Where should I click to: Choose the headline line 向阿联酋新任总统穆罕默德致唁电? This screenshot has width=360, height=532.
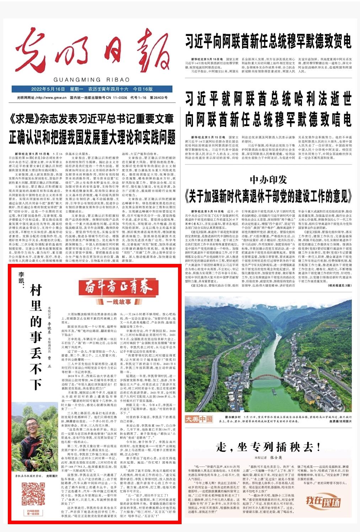pyautogui.click(x=268, y=119)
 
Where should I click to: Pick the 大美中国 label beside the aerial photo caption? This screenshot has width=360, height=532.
pyautogui.click(x=199, y=419)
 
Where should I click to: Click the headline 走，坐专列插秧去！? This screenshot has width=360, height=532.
pyautogui.click(x=268, y=447)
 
